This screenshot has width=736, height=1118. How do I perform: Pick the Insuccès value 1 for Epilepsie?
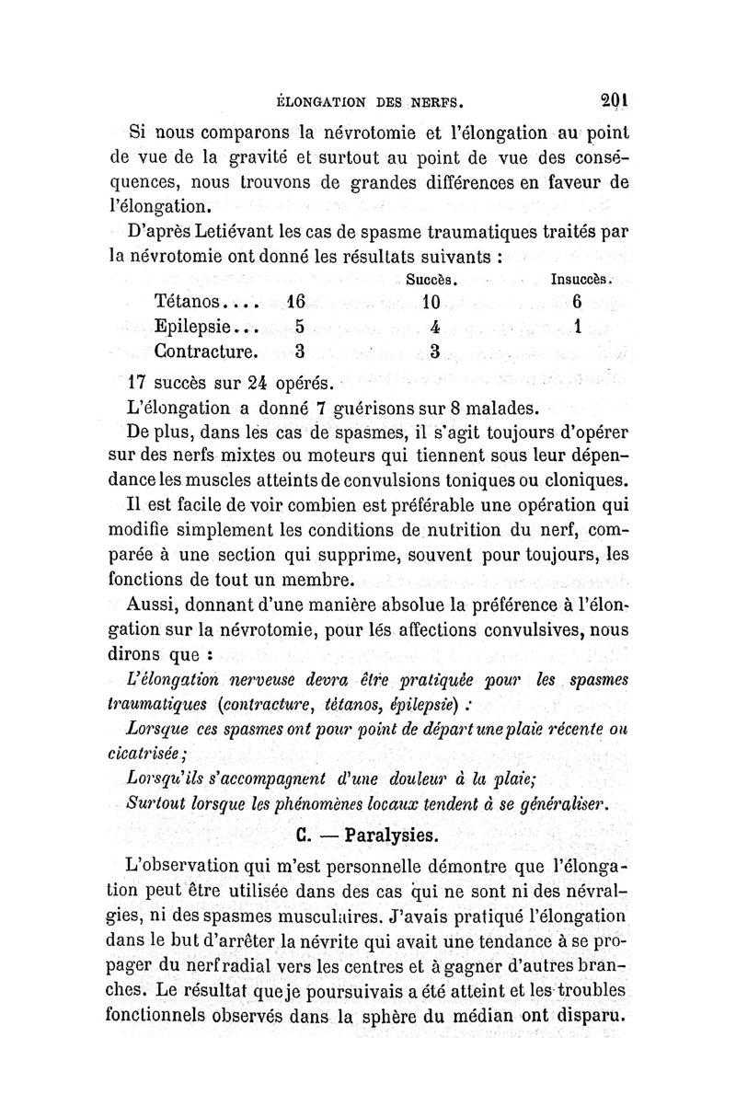tap(578, 326)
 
